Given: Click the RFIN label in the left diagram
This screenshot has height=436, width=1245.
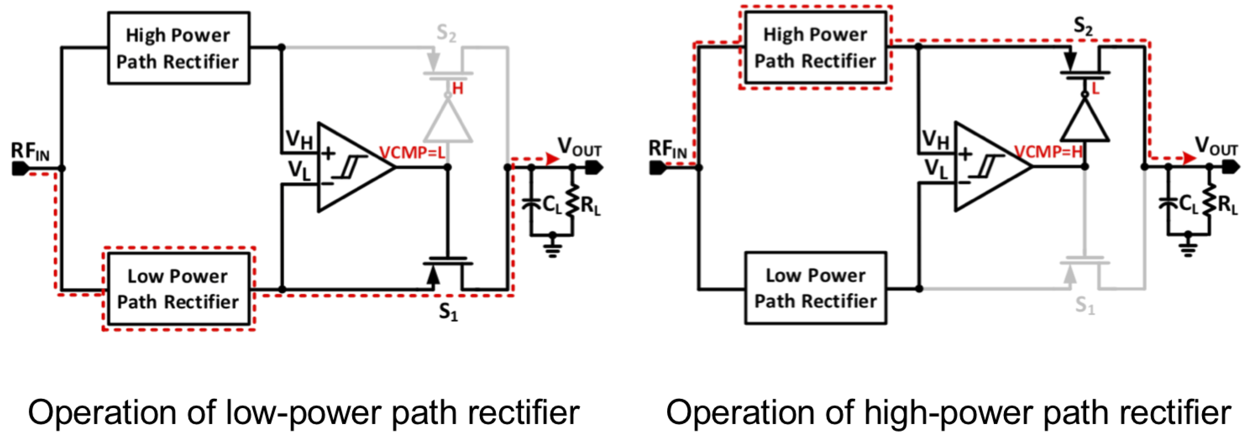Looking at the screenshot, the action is tap(30, 152).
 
